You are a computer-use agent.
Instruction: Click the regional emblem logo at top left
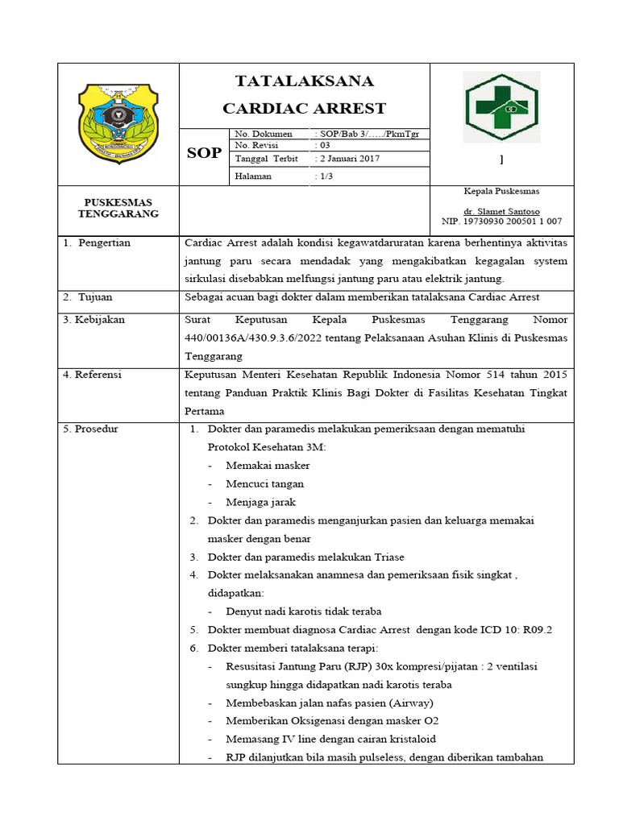pyautogui.click(x=118, y=123)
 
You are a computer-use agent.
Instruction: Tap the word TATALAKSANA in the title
pyautogui.click(x=304, y=81)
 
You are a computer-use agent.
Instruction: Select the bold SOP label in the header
pyautogui.click(x=204, y=152)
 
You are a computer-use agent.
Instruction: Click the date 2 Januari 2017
pyautogui.click(x=351, y=159)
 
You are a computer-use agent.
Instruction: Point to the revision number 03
pyautogui.click(x=324, y=146)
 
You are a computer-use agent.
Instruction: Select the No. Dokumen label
pyautogui.click(x=262, y=133)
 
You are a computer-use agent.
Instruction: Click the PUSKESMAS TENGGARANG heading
pyautogui.click(x=118, y=208)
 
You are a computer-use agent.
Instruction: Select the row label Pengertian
pyautogui.click(x=103, y=243)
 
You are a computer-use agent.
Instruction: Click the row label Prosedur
pyautogui.click(x=96, y=429)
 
